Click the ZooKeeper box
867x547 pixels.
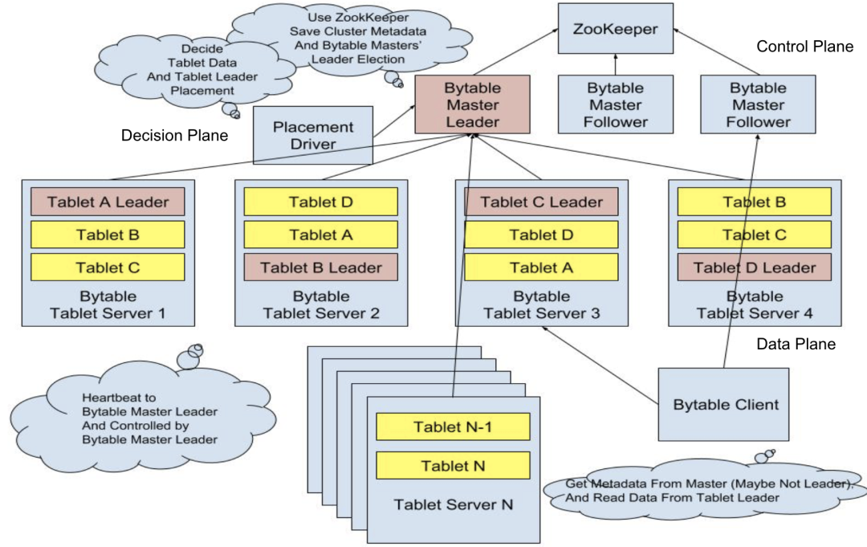[616, 30]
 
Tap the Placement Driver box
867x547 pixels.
[313, 135]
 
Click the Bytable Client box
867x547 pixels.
[726, 404]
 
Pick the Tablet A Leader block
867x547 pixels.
[108, 202]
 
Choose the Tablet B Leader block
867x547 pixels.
[321, 267]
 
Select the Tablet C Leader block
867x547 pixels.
[541, 202]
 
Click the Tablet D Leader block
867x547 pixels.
[755, 267]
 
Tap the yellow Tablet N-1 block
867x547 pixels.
[453, 427]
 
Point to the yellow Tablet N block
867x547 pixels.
[453, 465]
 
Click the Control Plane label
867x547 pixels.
[804, 47]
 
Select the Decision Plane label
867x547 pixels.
[174, 136]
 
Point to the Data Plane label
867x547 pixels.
[796, 345]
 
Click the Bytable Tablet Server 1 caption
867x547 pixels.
[108, 304]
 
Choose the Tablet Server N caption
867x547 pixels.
[453, 504]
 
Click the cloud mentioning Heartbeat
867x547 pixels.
[149, 418]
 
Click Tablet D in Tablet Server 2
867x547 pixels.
[321, 202]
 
